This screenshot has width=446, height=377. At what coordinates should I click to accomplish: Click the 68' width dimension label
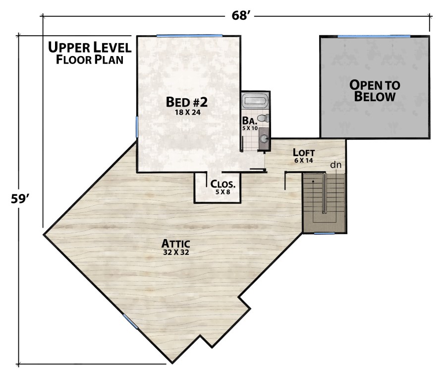(242, 16)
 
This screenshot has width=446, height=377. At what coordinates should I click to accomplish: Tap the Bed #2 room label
(186, 102)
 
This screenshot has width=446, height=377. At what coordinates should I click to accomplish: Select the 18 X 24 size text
(186, 113)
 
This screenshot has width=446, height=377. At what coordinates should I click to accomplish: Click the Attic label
(176, 244)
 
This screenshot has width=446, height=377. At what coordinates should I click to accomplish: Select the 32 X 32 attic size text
(176, 252)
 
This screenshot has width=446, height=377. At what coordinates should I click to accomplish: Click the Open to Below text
(374, 91)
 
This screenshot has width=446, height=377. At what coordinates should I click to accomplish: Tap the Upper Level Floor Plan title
(90, 54)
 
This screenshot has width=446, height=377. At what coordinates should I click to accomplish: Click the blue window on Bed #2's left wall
(137, 126)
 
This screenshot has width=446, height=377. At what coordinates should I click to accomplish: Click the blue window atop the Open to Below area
(374, 36)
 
